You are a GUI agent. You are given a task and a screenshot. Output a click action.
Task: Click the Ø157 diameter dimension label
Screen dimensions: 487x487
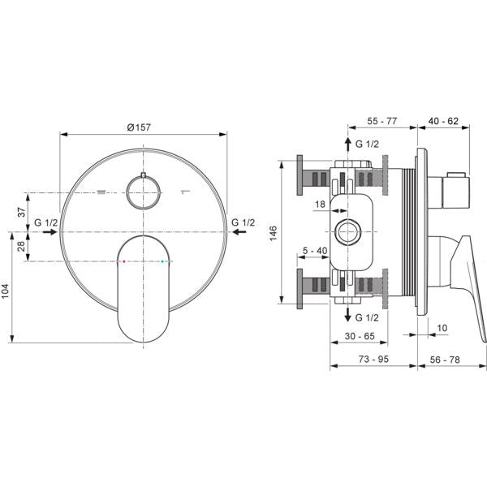[139, 127]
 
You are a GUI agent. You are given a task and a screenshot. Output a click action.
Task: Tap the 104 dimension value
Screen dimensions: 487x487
[6, 291]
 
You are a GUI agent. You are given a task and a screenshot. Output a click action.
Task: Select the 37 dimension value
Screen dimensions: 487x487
[21, 213]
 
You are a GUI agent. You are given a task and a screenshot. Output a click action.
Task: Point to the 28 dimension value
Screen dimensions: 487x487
[21, 246]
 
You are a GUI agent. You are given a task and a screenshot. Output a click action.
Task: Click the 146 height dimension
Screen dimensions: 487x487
[273, 233]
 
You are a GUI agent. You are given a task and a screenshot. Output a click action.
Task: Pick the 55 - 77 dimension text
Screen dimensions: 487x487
[382, 121]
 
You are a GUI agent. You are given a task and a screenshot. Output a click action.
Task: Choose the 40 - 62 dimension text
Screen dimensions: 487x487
[443, 121]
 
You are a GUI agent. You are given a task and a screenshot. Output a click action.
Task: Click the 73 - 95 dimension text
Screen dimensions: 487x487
[373, 359]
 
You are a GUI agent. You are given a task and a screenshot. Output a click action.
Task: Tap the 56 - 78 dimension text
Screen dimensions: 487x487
[445, 360]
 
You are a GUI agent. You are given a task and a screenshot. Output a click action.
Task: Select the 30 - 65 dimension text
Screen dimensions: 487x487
[360, 336]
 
